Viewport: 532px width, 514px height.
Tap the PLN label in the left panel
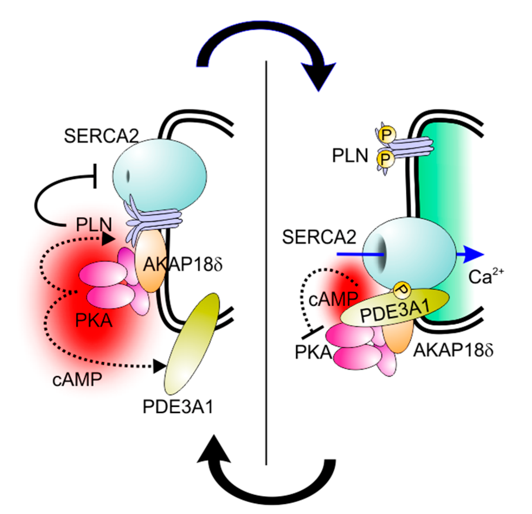94,225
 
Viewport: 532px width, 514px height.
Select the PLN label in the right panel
350,156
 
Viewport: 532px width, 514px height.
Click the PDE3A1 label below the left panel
178,407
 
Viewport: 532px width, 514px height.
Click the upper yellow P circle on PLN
385,134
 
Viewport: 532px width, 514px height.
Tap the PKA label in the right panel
313,352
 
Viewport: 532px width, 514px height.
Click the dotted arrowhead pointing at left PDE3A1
159,366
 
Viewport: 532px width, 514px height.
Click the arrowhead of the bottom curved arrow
212,450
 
